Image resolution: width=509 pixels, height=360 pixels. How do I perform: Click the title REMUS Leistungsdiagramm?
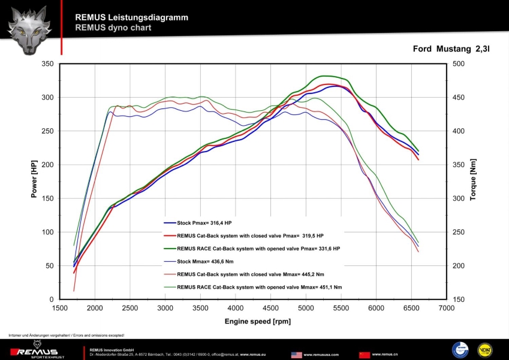(131, 17)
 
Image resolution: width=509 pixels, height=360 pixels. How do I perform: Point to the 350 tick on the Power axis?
(46, 63)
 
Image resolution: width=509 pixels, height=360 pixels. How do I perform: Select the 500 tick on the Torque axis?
(460, 63)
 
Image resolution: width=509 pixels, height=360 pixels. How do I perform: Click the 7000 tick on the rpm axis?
(446, 308)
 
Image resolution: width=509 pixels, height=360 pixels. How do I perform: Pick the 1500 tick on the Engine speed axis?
(59, 308)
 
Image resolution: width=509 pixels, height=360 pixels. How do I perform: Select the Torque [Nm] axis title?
(474, 180)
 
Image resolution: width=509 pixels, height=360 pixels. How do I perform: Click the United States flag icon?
(296, 355)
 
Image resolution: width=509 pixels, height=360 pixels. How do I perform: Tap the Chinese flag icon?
(365, 355)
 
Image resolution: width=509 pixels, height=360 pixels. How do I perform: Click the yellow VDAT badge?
(484, 350)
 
